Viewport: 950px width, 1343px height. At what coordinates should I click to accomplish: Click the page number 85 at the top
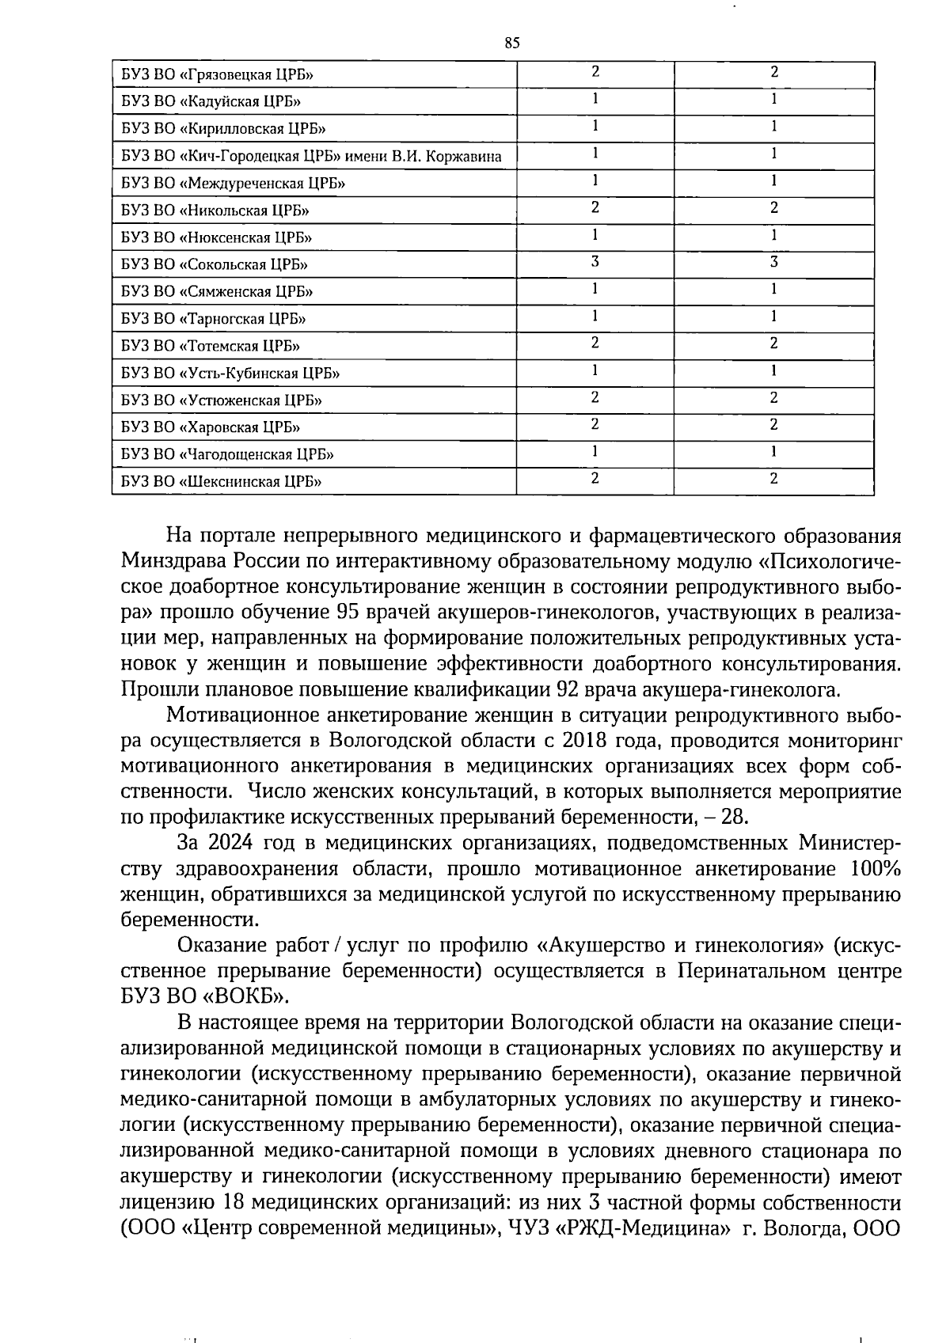[511, 44]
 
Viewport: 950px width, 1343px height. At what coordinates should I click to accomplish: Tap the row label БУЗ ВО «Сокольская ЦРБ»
[215, 264]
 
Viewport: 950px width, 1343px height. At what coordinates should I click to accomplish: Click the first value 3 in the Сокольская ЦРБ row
[595, 262]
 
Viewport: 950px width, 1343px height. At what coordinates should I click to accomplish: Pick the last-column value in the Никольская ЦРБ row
[774, 207]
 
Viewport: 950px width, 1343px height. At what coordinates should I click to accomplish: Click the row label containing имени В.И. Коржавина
[311, 157]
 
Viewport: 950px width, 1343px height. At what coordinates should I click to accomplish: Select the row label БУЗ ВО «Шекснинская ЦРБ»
[222, 481]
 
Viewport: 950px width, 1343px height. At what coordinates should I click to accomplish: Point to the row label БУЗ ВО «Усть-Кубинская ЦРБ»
[230, 373]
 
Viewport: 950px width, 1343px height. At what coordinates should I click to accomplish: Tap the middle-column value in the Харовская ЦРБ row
[595, 424]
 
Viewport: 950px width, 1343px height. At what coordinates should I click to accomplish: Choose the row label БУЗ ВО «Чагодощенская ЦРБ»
[227, 454]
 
